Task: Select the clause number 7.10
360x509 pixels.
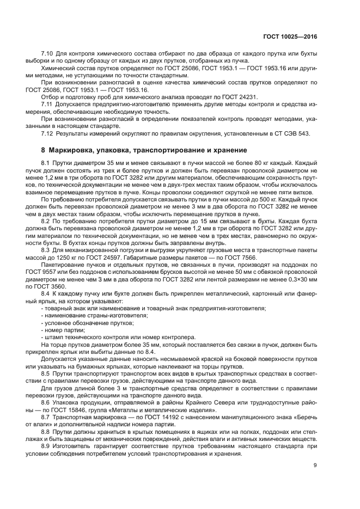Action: (x=48, y=53)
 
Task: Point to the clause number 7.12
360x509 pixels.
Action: (x=48, y=134)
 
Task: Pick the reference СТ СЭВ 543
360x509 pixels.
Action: (x=292, y=134)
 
